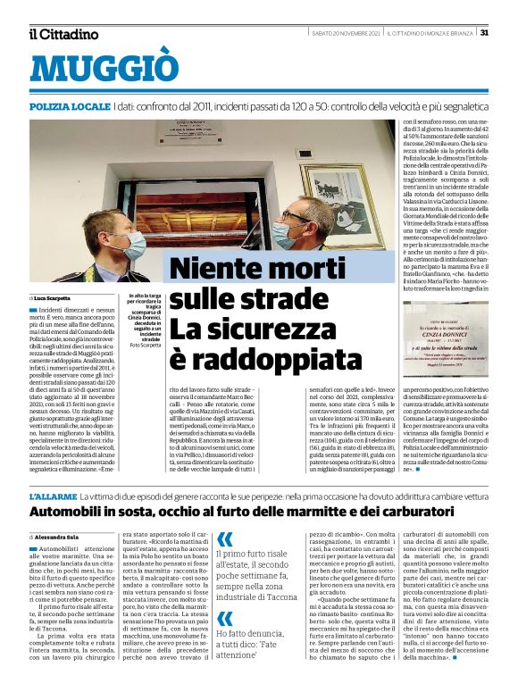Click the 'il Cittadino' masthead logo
(x=63, y=34)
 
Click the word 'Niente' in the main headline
(x=207, y=269)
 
